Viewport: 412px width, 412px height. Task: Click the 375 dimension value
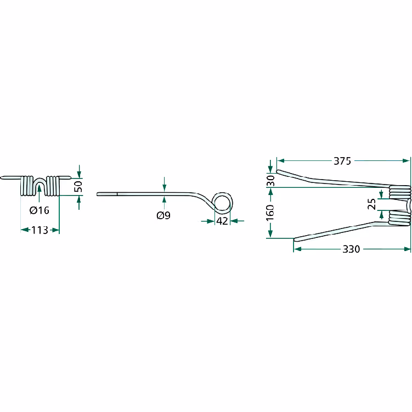coord(342,161)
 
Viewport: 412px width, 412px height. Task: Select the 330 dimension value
coord(351,249)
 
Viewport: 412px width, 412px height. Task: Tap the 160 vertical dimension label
coord(270,213)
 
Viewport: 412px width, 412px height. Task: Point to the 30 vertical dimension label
coord(270,181)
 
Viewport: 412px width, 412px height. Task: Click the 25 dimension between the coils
coord(371,204)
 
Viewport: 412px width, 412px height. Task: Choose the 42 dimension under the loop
coord(222,221)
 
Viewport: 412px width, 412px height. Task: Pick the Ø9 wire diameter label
coord(163,215)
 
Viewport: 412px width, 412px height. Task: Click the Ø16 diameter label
coord(39,210)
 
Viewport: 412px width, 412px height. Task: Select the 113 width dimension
coord(39,230)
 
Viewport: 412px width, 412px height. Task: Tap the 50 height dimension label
coord(78,186)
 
